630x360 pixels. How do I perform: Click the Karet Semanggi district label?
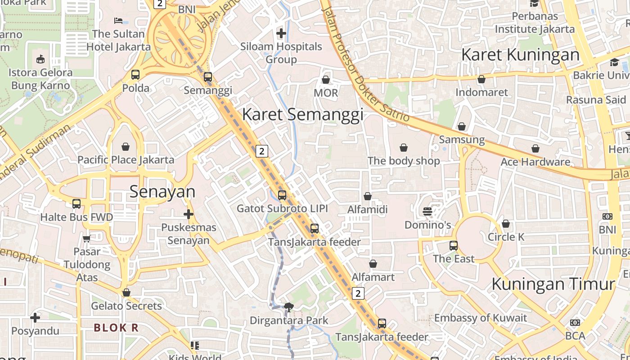coord(302,114)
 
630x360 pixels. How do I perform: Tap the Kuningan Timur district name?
coord(553,284)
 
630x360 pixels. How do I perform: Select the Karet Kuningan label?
coord(521,54)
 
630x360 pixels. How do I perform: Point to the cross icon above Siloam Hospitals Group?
coord(281,33)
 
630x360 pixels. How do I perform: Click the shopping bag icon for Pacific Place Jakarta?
coord(126,147)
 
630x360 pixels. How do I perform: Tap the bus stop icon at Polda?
coord(135,75)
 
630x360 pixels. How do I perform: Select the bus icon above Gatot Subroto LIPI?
coord(282,195)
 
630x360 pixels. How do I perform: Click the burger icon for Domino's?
coord(427,211)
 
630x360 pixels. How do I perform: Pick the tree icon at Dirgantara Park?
coord(289,307)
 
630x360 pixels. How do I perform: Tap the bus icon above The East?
coord(454,246)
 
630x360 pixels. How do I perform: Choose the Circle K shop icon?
coord(506,224)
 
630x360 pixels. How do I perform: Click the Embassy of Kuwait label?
coord(480,318)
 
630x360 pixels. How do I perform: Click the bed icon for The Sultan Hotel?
coord(118,21)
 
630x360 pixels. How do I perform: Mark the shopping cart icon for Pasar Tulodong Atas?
coord(86,238)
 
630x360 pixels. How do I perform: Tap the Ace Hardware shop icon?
coord(535,148)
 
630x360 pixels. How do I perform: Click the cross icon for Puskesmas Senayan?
coord(189,214)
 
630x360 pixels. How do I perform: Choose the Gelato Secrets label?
coord(126,306)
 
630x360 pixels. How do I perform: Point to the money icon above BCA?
coord(575,323)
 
